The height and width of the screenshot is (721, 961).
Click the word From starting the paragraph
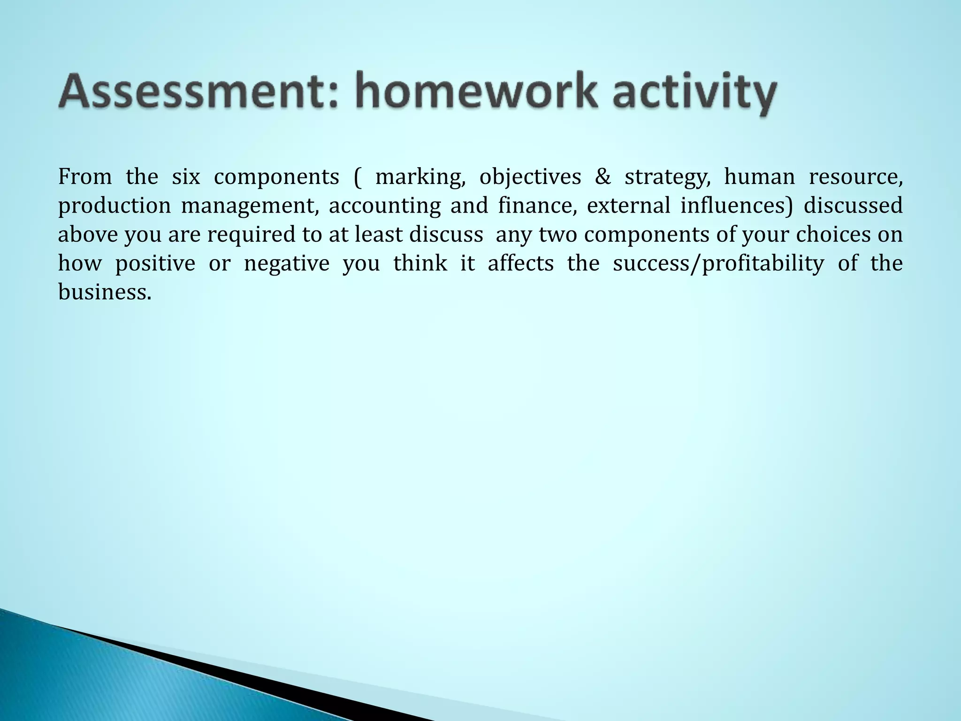[85, 177]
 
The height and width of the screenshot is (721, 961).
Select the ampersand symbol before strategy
[603, 177]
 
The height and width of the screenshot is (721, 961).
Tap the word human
[759, 177]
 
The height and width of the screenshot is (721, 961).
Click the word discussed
[853, 206]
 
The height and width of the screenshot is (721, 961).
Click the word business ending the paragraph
[105, 292]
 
